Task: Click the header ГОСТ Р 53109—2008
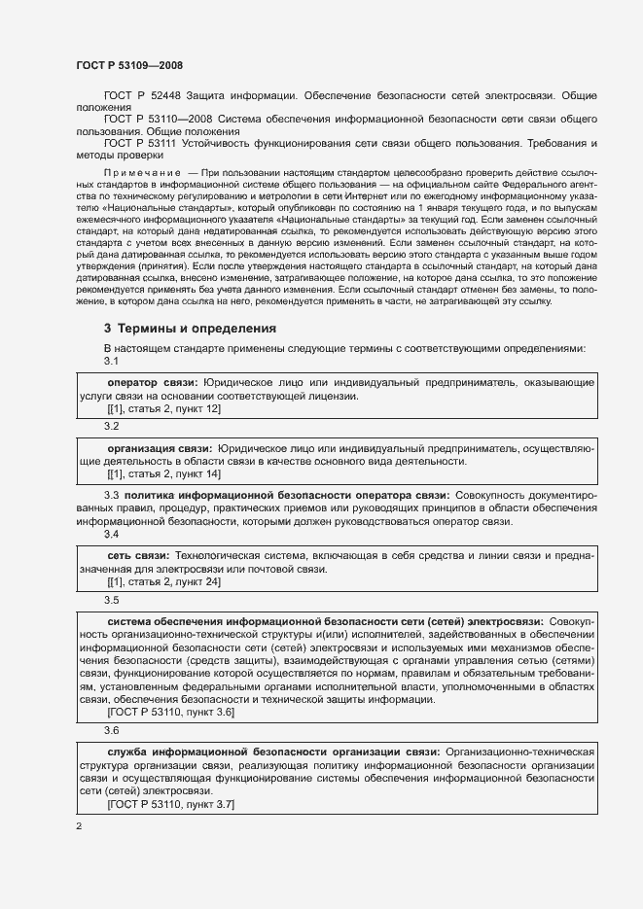tap(128, 65)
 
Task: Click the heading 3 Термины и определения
tap(190, 329)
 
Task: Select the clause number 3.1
tap(111, 361)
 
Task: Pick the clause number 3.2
tap(111, 426)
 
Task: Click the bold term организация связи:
tap(160, 448)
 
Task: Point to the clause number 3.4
tap(111, 535)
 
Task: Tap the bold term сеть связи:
tap(137, 555)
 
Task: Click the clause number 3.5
tap(111, 600)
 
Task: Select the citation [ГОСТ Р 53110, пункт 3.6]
tap(170, 712)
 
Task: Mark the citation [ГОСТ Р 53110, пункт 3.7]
tap(170, 806)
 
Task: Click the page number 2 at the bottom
tap(79, 826)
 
